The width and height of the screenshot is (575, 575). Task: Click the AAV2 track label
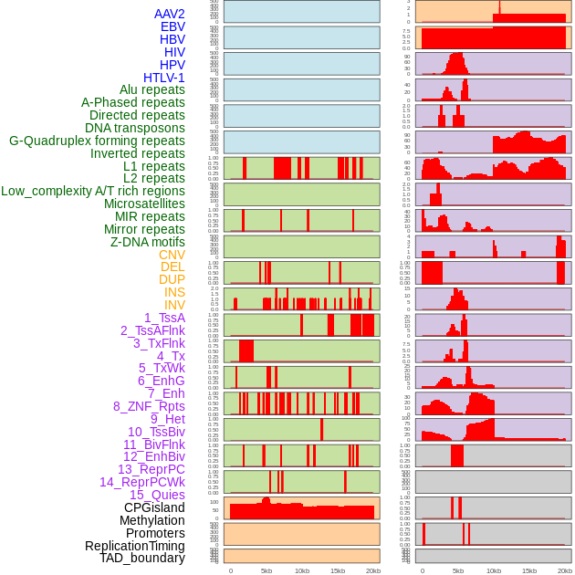pyautogui.click(x=170, y=14)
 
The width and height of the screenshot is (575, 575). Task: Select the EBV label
pyautogui.click(x=172, y=26)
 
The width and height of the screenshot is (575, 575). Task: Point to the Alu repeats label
pyautogui.click(x=152, y=89)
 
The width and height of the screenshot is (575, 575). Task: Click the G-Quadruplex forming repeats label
pyautogui.click(x=97, y=141)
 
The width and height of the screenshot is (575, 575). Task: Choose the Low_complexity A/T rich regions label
pyautogui.click(x=93, y=191)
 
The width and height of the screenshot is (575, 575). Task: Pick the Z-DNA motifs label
pyautogui.click(x=148, y=242)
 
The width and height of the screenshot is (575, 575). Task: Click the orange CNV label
pyautogui.click(x=172, y=255)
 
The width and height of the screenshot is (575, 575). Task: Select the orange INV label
pyautogui.click(x=174, y=305)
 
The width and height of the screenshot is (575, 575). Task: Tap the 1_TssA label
pyautogui.click(x=164, y=318)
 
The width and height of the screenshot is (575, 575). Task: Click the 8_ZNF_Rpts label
pyautogui.click(x=149, y=406)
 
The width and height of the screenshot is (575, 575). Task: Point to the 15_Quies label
pyautogui.click(x=156, y=495)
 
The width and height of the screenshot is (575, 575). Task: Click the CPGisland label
pyautogui.click(x=154, y=507)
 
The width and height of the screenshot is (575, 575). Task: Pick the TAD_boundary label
pyautogui.click(x=142, y=558)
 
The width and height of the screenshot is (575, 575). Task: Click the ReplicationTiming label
pyautogui.click(x=134, y=546)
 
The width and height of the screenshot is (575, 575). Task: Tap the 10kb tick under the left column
pyautogui.click(x=301, y=570)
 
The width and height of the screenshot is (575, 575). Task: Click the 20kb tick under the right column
pyautogui.click(x=565, y=570)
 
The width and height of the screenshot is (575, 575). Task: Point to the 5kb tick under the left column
pyautogui.click(x=267, y=570)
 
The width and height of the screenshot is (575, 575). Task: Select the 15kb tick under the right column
pyautogui.click(x=529, y=570)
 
